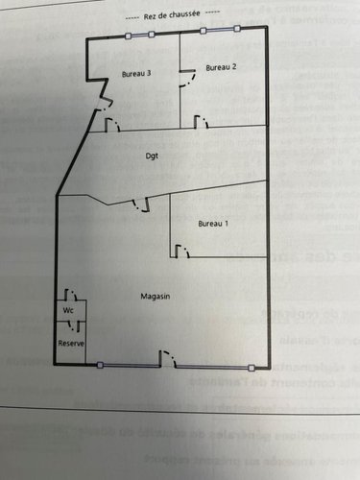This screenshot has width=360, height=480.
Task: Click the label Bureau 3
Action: coord(135,74)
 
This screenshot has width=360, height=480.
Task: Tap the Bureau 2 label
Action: coord(221,66)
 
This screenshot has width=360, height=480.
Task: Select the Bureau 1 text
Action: coord(213,224)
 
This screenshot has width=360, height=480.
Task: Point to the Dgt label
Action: coord(152,156)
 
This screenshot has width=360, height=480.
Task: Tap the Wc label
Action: coord(69,311)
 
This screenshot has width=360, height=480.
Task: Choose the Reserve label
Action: coord(70,343)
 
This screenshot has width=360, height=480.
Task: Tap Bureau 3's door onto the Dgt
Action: coord(111,125)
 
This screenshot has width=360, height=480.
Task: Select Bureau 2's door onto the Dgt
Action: coord(203,121)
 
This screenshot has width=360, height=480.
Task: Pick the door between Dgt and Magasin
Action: coord(142,204)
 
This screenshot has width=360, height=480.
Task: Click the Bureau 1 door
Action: coord(180,252)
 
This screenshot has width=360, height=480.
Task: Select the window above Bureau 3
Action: coord(140,36)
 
